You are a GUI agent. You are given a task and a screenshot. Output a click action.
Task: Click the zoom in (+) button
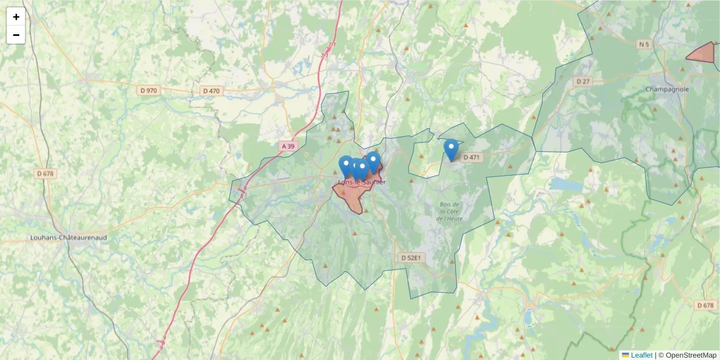point(16,17)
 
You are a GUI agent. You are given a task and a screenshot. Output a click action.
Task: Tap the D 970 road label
point(148,91)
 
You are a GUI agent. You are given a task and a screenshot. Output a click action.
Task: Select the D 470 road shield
point(211,91)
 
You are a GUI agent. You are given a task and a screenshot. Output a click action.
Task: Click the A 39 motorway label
point(288,146)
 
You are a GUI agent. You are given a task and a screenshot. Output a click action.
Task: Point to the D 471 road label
point(472,158)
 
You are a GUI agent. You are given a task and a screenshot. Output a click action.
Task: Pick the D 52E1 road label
point(412,257)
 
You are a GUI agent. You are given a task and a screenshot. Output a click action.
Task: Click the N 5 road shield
point(644,44)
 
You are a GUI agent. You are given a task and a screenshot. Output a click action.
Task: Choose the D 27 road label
point(583,81)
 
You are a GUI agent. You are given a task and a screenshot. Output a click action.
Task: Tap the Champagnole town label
point(667,89)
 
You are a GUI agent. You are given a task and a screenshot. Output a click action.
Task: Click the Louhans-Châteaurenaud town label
point(68,238)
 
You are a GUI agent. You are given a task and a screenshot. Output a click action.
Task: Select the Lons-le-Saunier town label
point(362,182)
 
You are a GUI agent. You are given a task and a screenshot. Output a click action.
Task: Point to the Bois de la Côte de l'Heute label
point(449,211)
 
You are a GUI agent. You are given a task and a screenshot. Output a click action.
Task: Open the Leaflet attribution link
point(641,355)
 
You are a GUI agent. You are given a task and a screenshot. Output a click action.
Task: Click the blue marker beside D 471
point(451,149)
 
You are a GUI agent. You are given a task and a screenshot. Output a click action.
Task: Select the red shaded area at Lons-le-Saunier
point(352,195)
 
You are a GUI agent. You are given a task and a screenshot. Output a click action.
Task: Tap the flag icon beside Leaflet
point(625,355)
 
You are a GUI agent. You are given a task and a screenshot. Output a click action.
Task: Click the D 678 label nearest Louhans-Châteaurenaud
point(45,173)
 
